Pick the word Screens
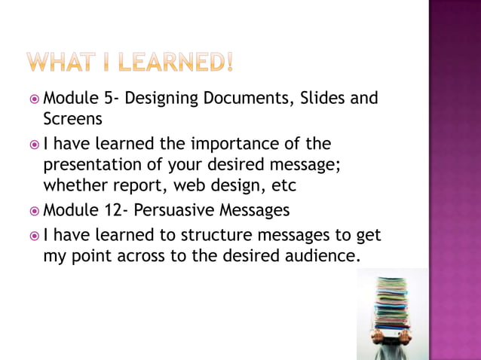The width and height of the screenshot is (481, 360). point(72,119)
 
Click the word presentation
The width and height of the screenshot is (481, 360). point(94,164)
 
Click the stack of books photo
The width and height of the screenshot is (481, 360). point(391,315)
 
